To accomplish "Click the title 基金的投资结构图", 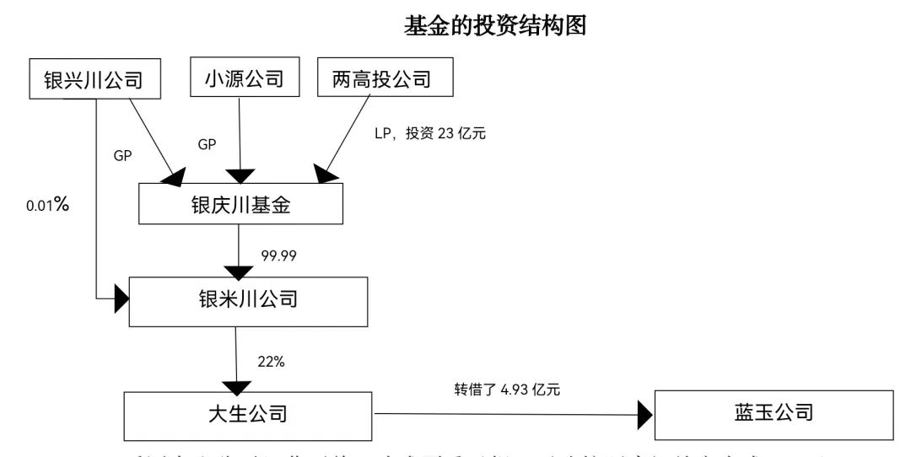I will [495, 26].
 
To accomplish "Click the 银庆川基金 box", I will [241, 205].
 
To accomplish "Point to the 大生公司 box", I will [248, 414].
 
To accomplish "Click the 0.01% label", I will [47, 205].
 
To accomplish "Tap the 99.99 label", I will [280, 253].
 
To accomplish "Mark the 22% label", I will [271, 362].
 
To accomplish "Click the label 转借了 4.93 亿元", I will [507, 390].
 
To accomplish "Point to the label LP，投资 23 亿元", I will [430, 132].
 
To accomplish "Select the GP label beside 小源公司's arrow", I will [207, 144].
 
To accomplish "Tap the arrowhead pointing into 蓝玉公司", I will [645, 414].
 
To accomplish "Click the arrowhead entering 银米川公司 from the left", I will [120, 298].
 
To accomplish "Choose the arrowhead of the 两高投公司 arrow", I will [326, 174].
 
